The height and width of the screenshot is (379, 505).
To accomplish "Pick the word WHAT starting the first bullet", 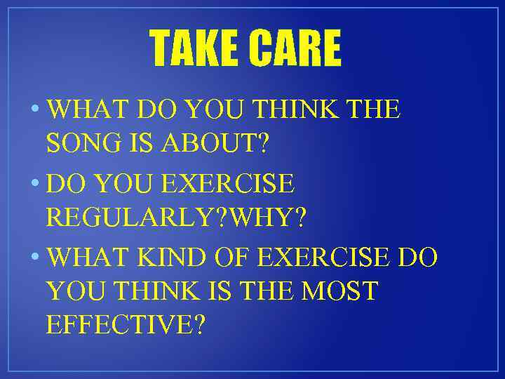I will [88, 109].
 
